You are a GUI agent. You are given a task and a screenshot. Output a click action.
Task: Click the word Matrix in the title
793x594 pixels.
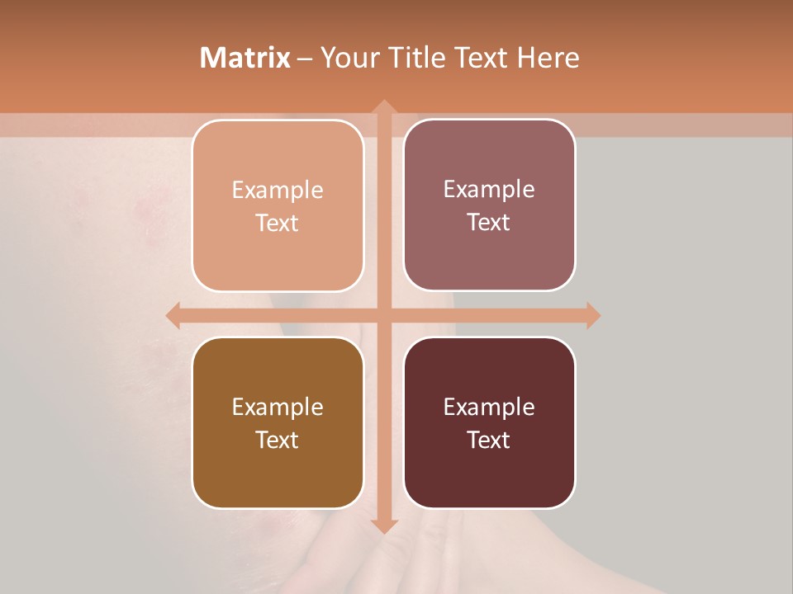[245, 58]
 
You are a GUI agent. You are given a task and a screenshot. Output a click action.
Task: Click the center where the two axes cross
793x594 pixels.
[384, 315]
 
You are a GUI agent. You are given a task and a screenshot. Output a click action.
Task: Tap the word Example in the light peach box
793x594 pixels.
[278, 191]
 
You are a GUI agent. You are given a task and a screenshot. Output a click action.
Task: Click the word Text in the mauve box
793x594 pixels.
[489, 223]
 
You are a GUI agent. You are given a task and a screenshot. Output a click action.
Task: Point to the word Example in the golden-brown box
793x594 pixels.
[278, 408]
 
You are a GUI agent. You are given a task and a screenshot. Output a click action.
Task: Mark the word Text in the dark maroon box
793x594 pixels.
[489, 440]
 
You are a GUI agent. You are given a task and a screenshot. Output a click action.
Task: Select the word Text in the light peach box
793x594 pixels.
[278, 224]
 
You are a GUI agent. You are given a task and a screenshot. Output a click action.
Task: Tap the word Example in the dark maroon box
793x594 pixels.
[489, 408]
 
